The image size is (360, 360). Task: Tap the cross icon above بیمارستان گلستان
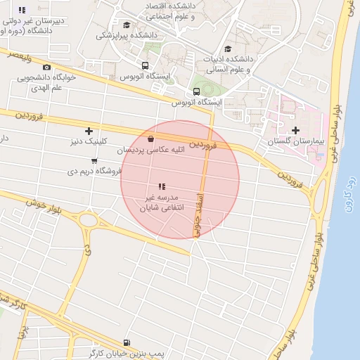coord(295,131)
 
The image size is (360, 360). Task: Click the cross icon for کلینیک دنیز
coord(89,131)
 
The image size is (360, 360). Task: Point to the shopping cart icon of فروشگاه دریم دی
coord(94,161)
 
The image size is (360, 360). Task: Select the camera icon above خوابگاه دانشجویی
coord(47,67)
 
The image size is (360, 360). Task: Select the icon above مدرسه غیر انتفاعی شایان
coord(161,186)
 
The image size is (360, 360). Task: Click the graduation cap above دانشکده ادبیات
coord(227,49)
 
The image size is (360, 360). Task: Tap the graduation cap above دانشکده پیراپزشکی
coord(126,25)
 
